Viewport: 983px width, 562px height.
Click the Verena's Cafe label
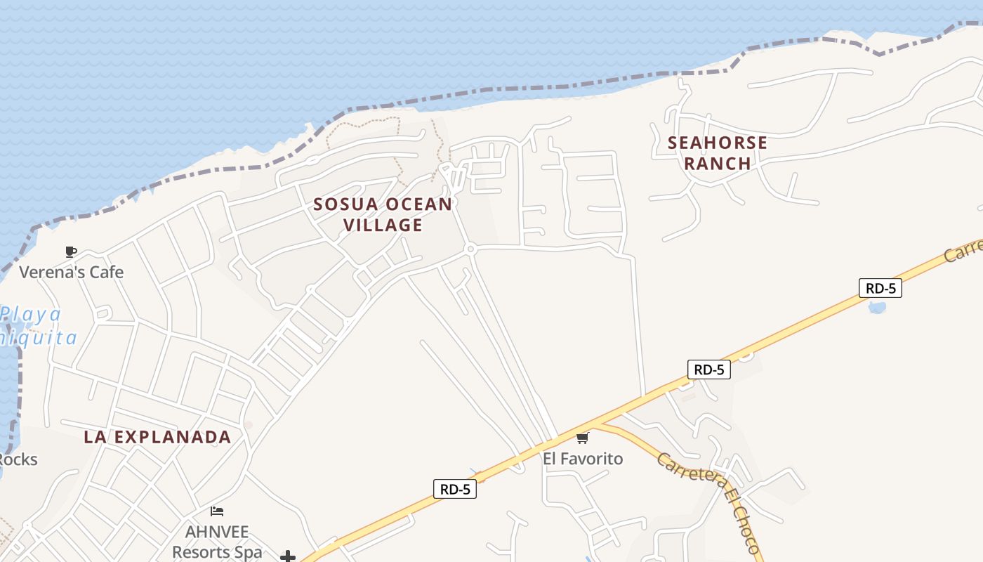[71, 272]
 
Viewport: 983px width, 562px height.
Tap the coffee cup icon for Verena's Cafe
[71, 251]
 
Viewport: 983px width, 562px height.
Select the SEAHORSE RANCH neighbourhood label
[718, 153]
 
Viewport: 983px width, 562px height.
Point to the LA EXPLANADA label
[157, 437]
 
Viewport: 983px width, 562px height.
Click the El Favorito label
[583, 459]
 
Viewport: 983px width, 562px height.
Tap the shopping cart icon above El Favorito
[582, 438]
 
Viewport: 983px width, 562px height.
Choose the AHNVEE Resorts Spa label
[217, 542]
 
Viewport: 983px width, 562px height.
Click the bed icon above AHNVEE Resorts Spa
[217, 511]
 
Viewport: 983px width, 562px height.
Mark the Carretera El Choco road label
[708, 503]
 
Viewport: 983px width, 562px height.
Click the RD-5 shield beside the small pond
[880, 288]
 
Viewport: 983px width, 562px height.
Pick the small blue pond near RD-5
[877, 307]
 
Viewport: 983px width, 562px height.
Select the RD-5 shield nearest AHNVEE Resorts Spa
[455, 489]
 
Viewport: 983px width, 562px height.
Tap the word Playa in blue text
[31, 314]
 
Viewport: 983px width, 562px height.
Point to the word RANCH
[718, 164]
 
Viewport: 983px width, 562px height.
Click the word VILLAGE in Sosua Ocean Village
[383, 226]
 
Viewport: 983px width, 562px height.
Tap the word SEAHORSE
[718, 143]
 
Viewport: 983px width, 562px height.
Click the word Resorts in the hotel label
[205, 552]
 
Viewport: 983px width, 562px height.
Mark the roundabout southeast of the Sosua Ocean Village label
[470, 248]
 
